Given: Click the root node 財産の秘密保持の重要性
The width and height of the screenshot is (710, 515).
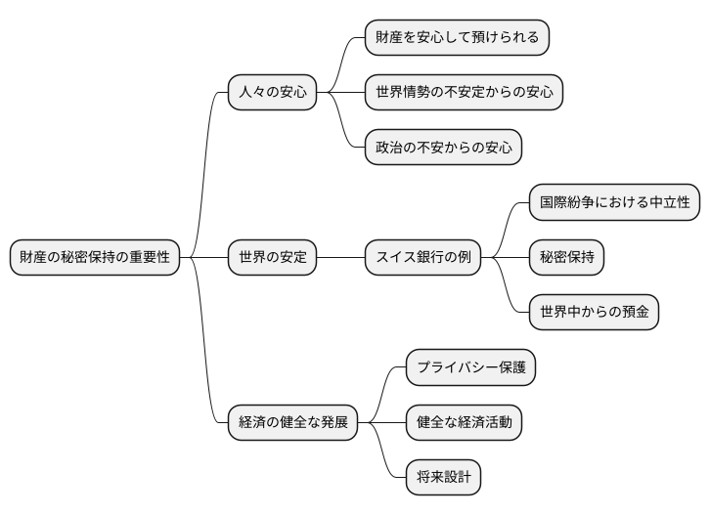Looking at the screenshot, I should click(95, 258).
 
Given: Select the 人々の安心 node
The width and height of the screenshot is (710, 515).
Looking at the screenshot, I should click(273, 94).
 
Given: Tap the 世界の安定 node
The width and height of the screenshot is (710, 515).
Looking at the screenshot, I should click(273, 258).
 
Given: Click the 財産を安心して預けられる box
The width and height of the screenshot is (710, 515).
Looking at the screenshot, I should click(457, 38).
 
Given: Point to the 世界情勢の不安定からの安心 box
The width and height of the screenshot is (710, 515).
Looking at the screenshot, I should click(464, 94).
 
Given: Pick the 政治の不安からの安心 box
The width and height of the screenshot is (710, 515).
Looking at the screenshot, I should click(443, 149).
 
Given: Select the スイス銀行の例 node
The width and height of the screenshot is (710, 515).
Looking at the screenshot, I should click(423, 258).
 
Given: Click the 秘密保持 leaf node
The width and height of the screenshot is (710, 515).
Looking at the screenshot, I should click(566, 258).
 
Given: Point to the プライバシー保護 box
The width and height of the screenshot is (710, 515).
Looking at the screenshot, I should click(471, 368).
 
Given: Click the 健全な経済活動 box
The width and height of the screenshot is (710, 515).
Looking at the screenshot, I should click(465, 423).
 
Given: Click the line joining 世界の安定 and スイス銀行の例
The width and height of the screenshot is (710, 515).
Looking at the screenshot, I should click(341, 258).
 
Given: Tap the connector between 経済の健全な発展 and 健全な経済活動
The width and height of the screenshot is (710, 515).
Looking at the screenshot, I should click(387, 423).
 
